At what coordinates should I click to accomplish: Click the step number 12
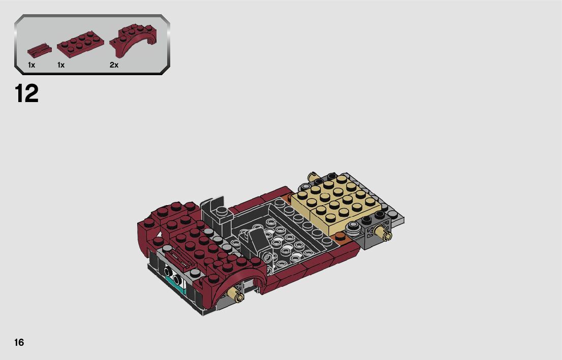(26, 93)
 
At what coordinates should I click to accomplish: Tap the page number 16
(19, 342)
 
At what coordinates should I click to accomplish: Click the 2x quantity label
(114, 65)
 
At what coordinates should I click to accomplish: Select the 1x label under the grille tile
(32, 65)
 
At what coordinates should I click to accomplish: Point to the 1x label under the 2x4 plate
(61, 65)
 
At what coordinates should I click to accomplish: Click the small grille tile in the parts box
(39, 50)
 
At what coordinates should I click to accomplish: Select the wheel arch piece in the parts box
(133, 40)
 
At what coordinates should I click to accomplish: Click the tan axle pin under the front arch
(237, 295)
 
